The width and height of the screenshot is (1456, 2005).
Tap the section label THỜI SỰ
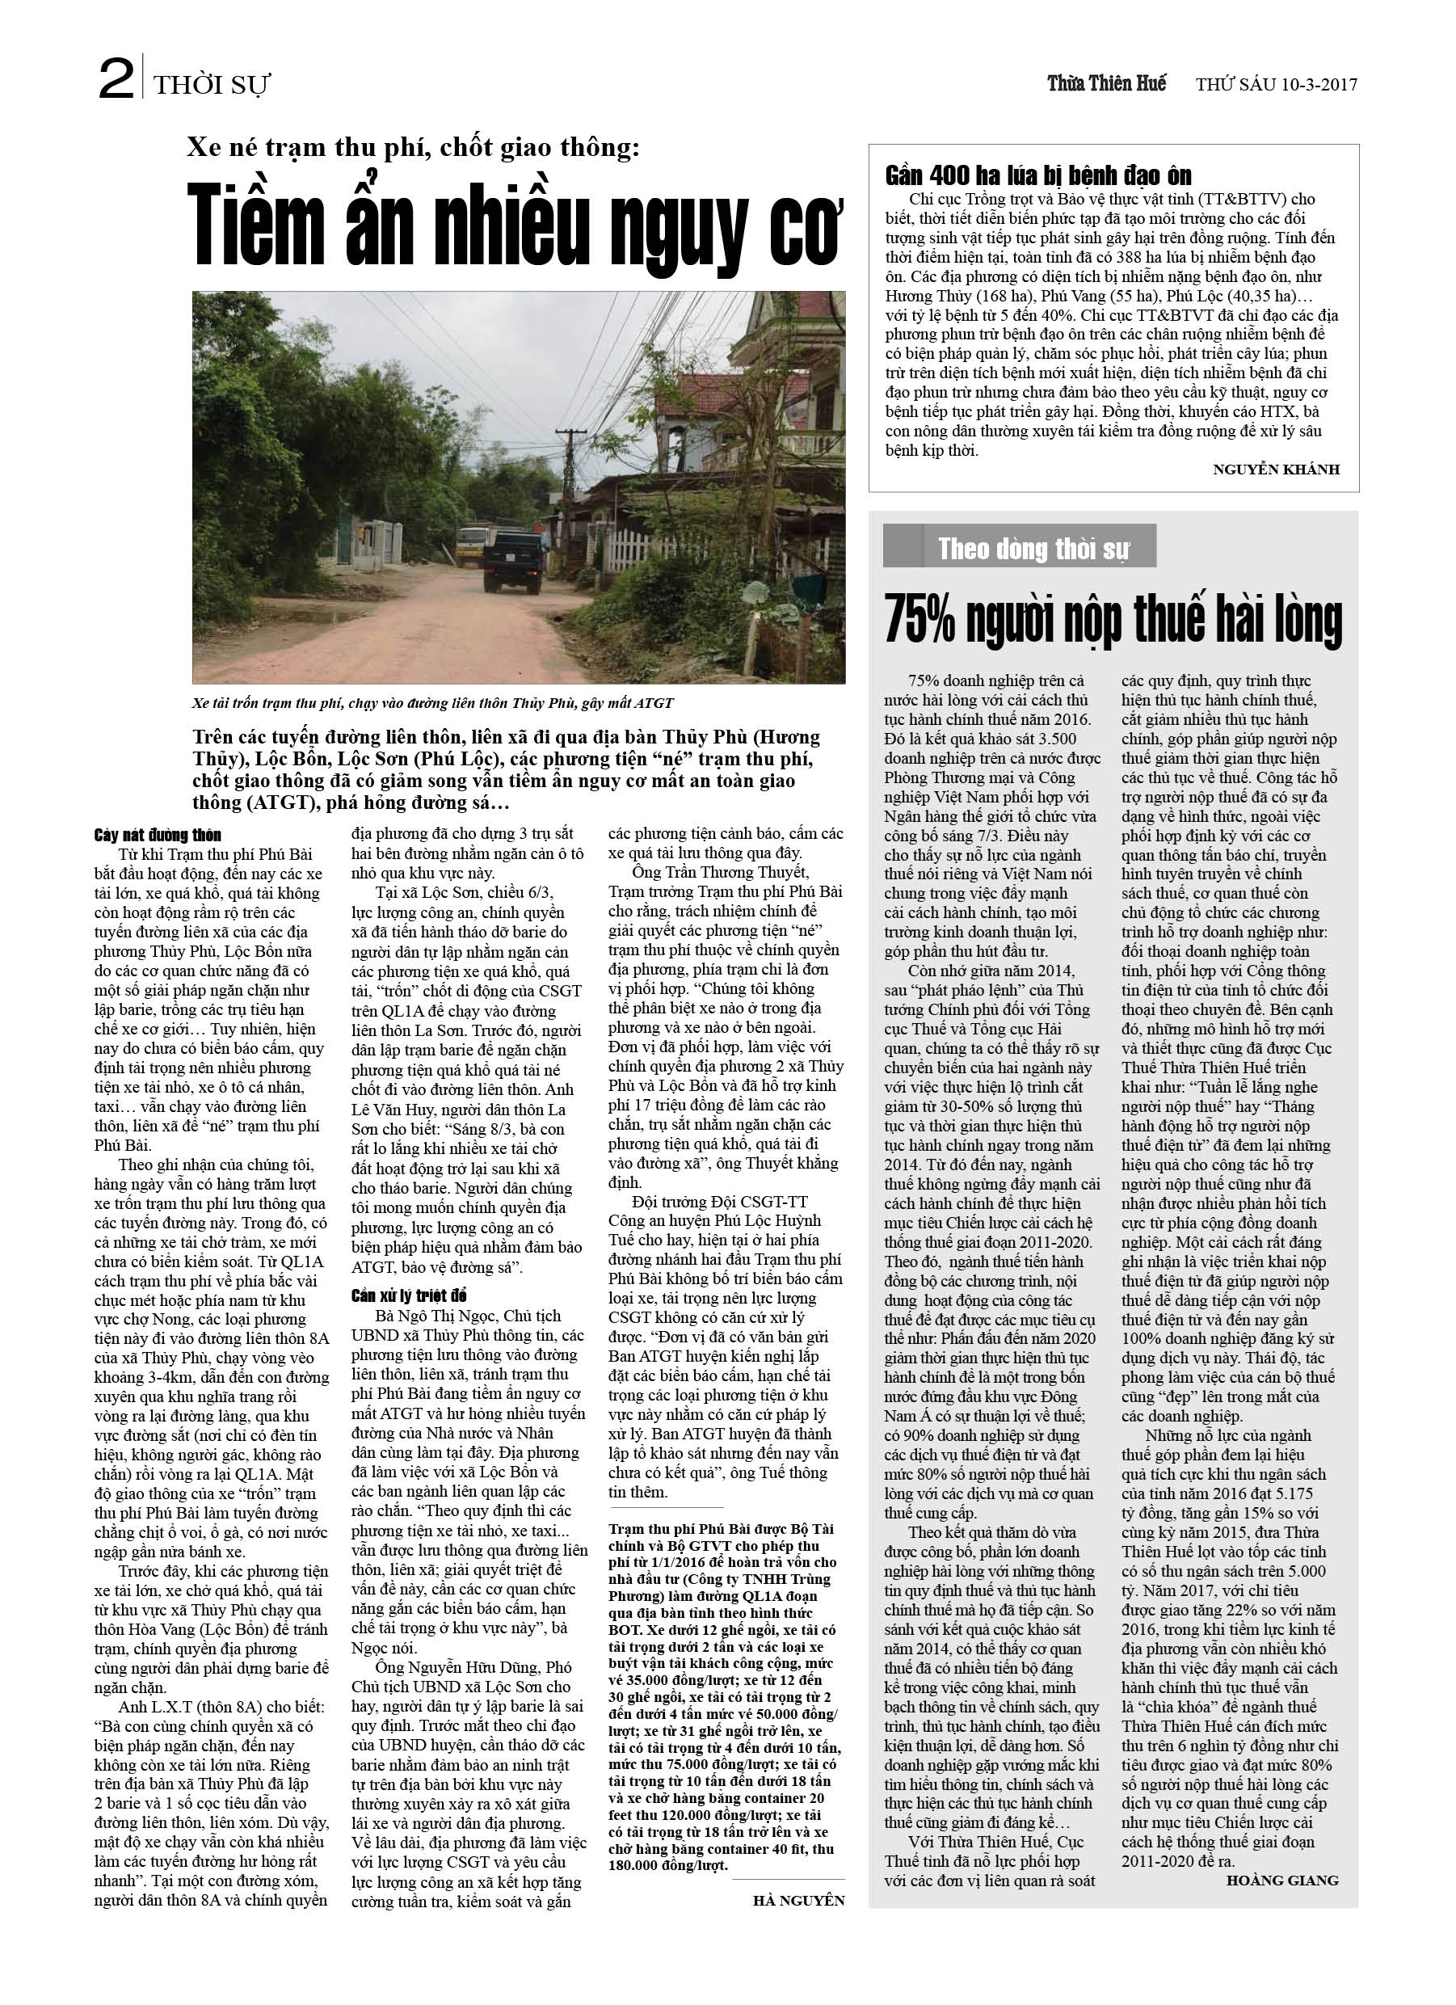[x=213, y=86]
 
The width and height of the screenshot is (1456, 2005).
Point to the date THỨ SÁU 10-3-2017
[x=1276, y=85]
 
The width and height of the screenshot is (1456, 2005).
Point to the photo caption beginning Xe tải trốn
[x=432, y=704]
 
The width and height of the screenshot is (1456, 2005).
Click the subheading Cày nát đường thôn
[x=158, y=836]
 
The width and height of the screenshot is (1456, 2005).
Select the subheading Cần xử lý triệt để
[x=407, y=1297]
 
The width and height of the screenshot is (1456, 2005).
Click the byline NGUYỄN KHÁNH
[x=1276, y=470]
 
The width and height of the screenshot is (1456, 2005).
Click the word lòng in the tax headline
[x=1307, y=620]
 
